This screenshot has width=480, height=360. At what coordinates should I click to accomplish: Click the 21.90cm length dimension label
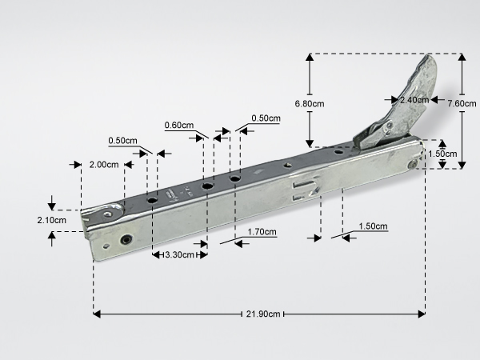[x=263, y=314]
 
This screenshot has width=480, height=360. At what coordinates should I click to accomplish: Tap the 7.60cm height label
[x=462, y=103]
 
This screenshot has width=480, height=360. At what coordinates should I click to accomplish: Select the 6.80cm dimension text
[x=310, y=104]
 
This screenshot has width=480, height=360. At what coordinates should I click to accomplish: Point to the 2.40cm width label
[x=414, y=100]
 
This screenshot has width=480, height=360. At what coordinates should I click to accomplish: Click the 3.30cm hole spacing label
[x=180, y=254]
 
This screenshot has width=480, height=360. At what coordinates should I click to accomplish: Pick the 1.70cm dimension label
[x=262, y=232]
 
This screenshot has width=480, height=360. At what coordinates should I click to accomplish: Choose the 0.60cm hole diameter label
[x=179, y=126]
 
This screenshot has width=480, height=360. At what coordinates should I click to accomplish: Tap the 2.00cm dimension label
[x=104, y=165]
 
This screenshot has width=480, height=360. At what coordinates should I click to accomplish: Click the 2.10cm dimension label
[x=52, y=220]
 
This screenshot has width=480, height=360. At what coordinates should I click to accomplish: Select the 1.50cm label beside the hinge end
[x=442, y=154]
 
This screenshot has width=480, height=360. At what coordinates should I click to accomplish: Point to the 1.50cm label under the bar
[x=373, y=226]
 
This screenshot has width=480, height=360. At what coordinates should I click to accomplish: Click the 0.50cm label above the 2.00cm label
[x=122, y=141]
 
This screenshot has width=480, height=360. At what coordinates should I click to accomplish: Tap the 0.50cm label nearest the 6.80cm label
[x=266, y=118]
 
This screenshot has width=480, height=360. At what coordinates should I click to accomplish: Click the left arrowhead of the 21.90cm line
[x=97, y=314]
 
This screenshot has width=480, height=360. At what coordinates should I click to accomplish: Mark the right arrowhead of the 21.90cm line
[x=422, y=314]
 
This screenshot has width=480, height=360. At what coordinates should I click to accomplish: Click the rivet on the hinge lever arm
[x=390, y=126]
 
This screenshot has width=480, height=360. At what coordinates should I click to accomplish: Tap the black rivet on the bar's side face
[x=126, y=239]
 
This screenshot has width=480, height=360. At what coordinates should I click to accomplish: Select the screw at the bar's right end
[x=414, y=165]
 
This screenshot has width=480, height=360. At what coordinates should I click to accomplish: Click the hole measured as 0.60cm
[x=208, y=186]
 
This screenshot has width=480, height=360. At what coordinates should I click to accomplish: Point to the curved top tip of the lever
[x=428, y=55]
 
